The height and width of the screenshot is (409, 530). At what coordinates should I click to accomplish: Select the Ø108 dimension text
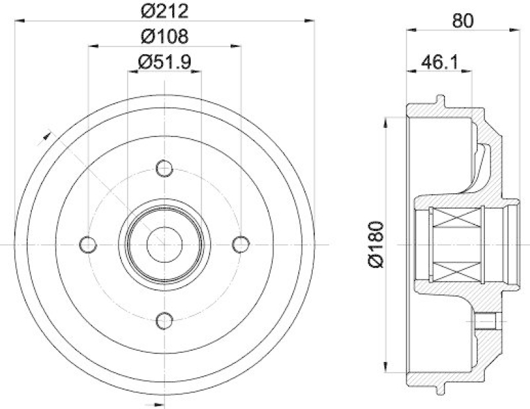pyautogui.click(x=164, y=34)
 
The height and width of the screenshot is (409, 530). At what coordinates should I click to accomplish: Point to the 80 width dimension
pyautogui.click(x=464, y=20)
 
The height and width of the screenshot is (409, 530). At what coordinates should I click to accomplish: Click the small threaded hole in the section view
pyautogui.click(x=487, y=322)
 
